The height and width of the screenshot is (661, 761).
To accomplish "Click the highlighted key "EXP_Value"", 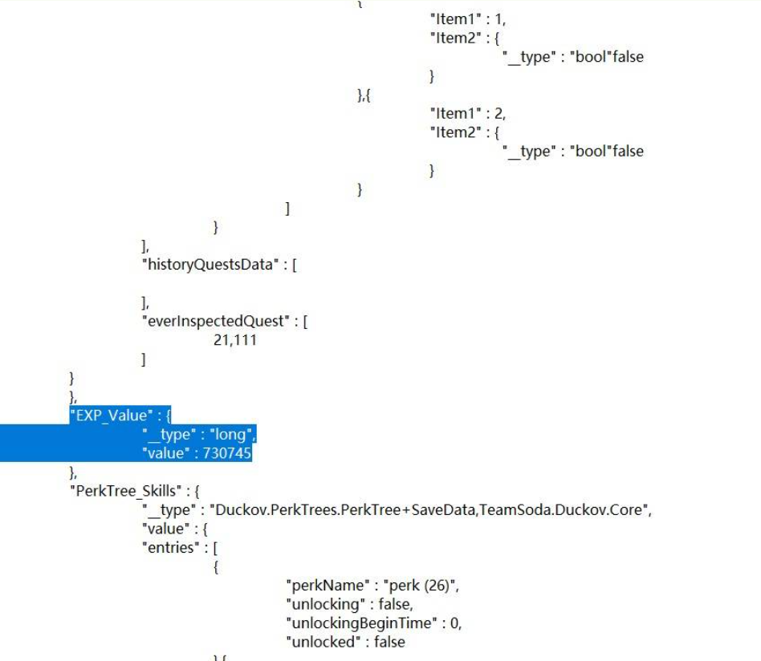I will click(x=112, y=416).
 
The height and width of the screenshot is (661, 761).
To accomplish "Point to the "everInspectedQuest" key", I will click(x=214, y=321).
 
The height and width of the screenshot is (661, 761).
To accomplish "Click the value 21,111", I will click(x=235, y=340).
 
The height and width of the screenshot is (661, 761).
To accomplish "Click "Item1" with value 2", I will click(x=455, y=114).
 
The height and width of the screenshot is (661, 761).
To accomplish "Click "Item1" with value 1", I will click(x=455, y=19).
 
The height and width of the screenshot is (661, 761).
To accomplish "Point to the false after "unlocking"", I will click(x=386, y=604).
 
